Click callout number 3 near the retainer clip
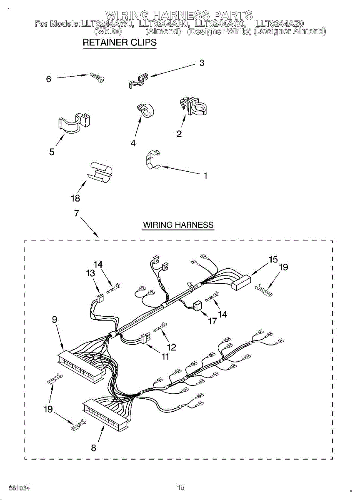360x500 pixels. click(x=202, y=63)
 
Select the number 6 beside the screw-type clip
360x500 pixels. click(x=49, y=79)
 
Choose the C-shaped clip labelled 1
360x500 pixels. click(x=153, y=160)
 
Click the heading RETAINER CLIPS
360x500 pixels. click(x=120, y=42)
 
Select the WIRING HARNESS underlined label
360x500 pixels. click(x=178, y=225)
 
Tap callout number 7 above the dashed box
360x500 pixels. click(x=76, y=213)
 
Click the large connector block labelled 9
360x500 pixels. click(x=80, y=365)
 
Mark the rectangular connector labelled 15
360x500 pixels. click(x=239, y=283)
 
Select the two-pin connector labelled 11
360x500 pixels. click(x=145, y=339)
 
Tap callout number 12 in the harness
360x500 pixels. click(x=171, y=347)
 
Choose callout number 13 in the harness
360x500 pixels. click(x=90, y=273)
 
